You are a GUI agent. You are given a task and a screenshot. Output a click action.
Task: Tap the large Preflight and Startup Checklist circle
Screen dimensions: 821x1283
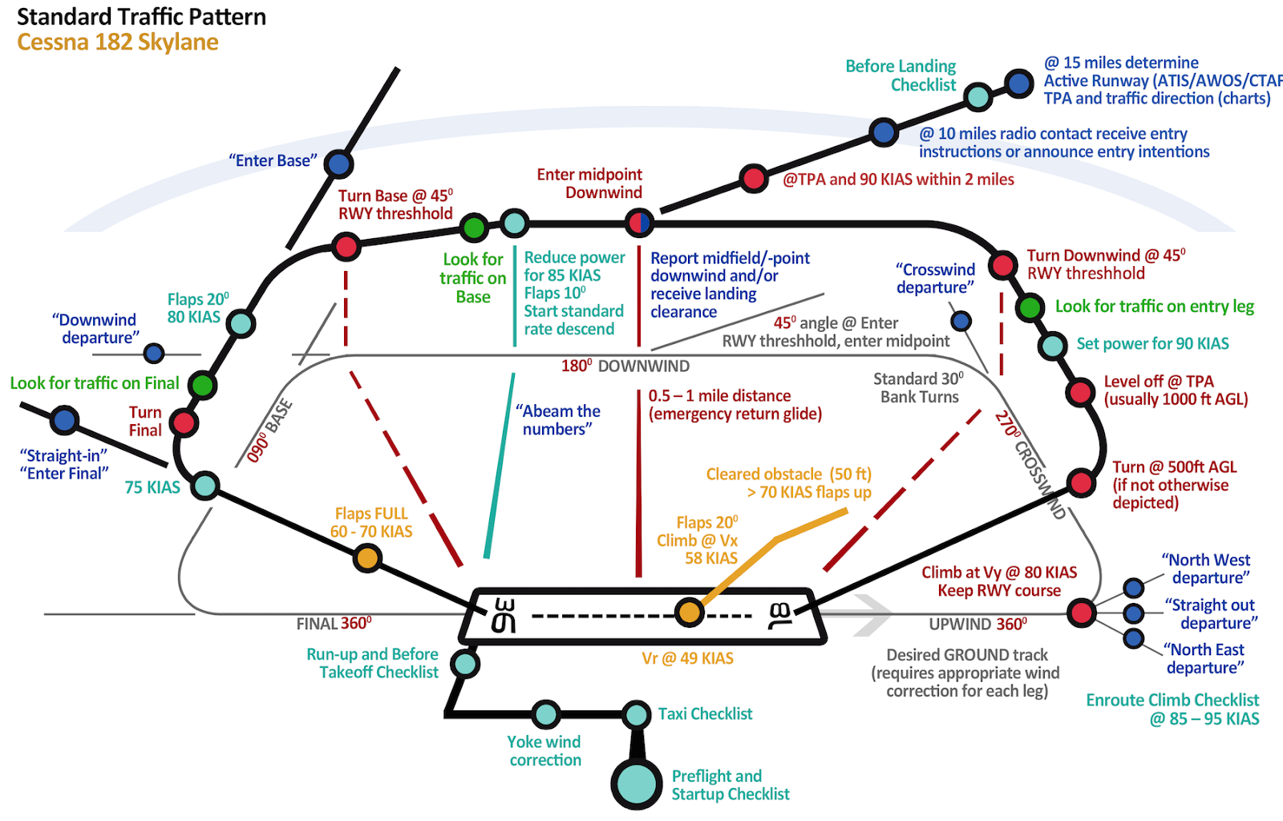click(x=637, y=783)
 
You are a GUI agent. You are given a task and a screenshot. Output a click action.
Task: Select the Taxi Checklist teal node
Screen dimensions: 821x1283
click(x=637, y=714)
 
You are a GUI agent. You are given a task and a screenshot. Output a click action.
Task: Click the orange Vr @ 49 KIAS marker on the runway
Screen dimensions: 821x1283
click(x=688, y=613)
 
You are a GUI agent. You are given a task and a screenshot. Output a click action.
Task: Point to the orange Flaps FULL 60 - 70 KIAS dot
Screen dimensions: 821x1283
click(x=367, y=557)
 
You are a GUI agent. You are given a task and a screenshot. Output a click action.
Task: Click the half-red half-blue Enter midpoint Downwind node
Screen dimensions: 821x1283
click(x=639, y=223)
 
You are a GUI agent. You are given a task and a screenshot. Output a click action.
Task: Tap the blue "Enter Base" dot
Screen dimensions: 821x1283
click(x=338, y=164)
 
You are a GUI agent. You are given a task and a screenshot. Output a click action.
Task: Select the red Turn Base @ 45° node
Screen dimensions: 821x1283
click(x=346, y=246)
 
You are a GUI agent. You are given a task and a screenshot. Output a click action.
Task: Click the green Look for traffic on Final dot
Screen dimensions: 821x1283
click(x=203, y=385)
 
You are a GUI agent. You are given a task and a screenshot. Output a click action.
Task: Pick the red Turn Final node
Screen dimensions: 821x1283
click(x=184, y=423)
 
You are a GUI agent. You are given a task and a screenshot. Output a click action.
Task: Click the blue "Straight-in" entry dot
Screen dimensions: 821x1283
click(x=64, y=420)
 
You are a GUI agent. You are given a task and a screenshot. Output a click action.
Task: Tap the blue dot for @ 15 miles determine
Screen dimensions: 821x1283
click(x=1019, y=83)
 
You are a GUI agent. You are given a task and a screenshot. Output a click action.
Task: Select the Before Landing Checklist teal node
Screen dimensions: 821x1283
click(x=977, y=97)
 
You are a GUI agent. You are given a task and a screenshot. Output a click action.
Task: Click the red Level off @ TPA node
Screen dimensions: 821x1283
click(x=1080, y=392)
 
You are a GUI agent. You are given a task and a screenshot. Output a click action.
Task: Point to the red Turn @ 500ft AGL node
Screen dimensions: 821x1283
click(x=1081, y=483)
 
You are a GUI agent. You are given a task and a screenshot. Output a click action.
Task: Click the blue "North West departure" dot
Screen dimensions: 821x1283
click(x=1133, y=588)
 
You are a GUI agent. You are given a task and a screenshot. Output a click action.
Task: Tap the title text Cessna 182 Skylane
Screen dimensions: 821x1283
click(x=118, y=42)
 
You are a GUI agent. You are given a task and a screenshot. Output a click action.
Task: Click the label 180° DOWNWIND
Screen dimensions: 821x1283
click(x=625, y=366)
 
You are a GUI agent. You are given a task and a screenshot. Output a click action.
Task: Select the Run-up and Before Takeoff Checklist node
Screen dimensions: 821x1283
click(x=464, y=664)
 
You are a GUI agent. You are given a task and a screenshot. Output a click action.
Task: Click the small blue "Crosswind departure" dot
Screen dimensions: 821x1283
click(x=961, y=322)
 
